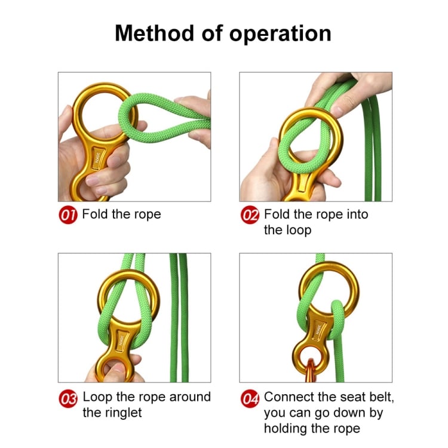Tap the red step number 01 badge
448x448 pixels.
coord(69,215)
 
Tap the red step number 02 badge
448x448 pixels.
coord(250,215)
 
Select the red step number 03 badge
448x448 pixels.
coord(69,398)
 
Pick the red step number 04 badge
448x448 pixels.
coord(250,398)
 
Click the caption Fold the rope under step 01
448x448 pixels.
coord(121,214)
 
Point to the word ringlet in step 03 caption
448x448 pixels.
coord(127,413)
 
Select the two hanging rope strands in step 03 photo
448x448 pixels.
coord(179,317)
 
